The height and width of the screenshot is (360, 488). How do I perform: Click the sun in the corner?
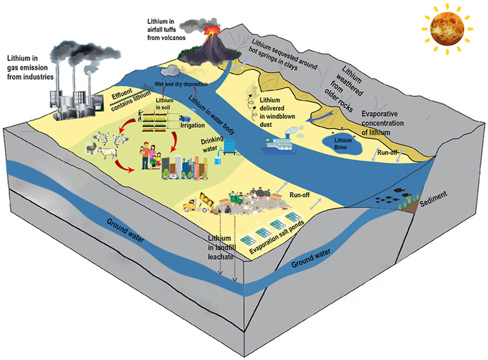(447, 28)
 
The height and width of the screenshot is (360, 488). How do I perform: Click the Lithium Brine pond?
(341, 143)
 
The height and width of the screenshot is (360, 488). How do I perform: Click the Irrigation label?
(193, 126)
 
